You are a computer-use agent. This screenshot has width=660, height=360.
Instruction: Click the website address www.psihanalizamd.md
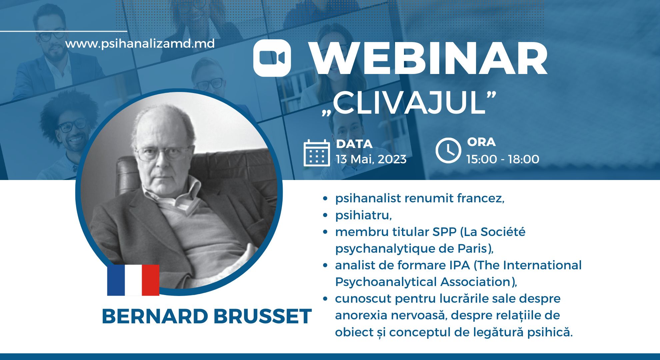(140, 44)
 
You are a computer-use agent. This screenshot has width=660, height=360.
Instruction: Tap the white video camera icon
(272, 58)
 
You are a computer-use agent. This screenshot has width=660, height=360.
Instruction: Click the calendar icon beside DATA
(317, 153)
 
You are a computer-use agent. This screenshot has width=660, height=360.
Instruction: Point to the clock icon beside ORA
(448, 150)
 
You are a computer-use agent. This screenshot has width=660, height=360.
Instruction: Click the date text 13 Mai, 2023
(371, 159)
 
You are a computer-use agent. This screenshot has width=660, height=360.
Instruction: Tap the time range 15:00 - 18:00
(503, 159)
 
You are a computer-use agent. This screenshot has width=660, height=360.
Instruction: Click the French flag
(133, 280)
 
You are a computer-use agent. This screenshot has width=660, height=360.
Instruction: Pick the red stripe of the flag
(151, 280)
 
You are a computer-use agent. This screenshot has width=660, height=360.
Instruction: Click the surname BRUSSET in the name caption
(263, 316)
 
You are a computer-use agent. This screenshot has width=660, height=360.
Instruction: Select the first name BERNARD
(155, 316)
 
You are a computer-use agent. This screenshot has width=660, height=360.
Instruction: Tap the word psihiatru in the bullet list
(363, 215)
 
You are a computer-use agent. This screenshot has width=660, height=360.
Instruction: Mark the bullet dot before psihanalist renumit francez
(326, 199)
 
